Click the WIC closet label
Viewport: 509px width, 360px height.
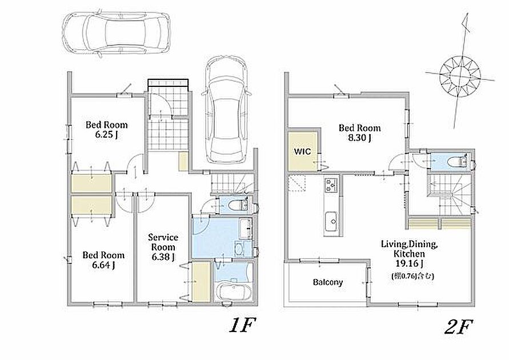click(303, 151)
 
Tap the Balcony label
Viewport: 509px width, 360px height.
click(328, 282)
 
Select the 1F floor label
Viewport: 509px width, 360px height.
click(242, 325)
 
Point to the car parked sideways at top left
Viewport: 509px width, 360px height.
click(116, 33)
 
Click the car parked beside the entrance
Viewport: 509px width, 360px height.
click(226, 109)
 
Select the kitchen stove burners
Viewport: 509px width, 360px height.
click(331, 185)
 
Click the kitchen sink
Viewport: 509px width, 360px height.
click(331, 222)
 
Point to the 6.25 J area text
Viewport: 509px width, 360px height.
click(106, 135)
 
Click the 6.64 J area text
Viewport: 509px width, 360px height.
click(103, 265)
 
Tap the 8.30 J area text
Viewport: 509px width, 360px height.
click(360, 138)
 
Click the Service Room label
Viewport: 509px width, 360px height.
click(163, 242)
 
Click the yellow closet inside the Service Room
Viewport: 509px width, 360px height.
click(201, 282)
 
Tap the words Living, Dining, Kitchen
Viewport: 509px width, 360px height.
click(409, 249)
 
